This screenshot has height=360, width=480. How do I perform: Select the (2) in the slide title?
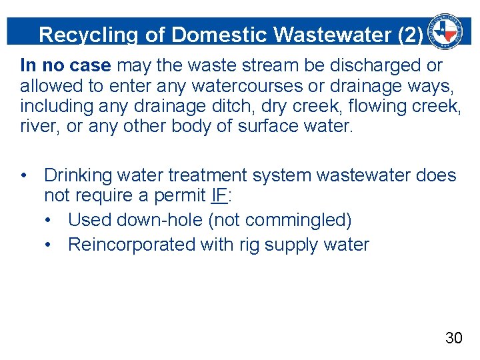[x=409, y=35]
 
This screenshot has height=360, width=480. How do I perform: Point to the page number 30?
[x=453, y=338]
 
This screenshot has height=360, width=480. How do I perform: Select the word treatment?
[x=213, y=175]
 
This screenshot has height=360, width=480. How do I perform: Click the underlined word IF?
[x=218, y=195]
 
